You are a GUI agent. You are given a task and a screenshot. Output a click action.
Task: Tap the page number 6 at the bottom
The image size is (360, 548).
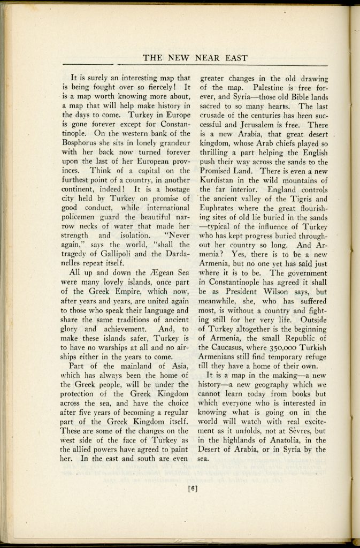click(x=194, y=488)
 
